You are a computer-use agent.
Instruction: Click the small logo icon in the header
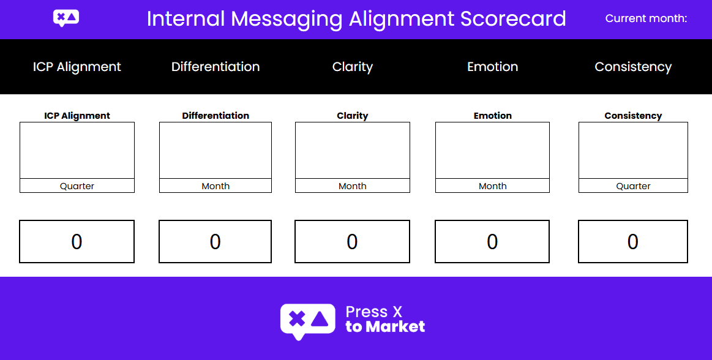point(66,18)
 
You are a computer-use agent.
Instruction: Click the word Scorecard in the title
point(513,19)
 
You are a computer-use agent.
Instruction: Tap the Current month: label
point(646,18)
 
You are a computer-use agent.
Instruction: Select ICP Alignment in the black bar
point(77,67)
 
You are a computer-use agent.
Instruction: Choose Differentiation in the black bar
point(215,67)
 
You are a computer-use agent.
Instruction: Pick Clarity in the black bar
point(353,67)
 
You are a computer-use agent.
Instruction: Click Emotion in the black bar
point(493,67)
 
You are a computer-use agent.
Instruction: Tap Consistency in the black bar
point(633,67)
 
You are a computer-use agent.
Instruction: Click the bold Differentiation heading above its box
point(215,116)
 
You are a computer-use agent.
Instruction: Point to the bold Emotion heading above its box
point(493,116)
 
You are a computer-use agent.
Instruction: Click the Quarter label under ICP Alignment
point(77,186)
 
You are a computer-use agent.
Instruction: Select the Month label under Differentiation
point(215,186)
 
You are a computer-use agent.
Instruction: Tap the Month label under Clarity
point(353,186)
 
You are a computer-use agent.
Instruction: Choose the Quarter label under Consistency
point(633,186)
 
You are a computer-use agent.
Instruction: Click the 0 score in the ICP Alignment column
point(77,241)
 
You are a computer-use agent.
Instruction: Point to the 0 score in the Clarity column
point(352,241)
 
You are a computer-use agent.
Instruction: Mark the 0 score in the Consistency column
point(632,241)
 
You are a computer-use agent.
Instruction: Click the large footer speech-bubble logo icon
point(307,321)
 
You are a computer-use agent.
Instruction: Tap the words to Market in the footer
point(385,327)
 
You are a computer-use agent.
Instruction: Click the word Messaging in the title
point(286,20)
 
